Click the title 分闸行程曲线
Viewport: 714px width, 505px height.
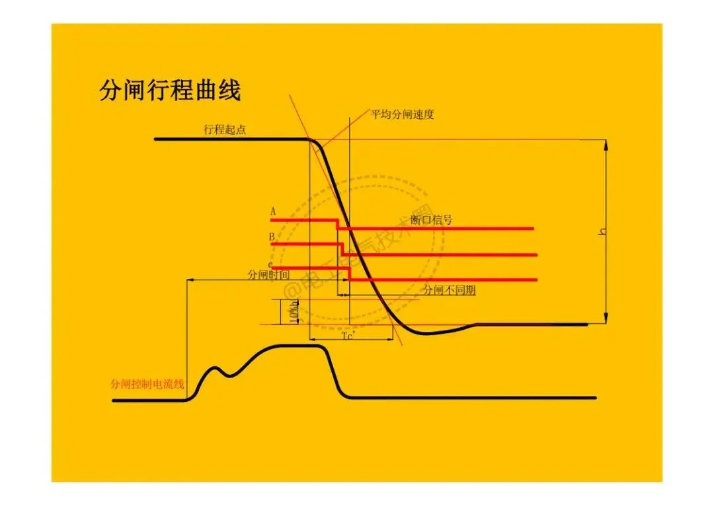click(170, 90)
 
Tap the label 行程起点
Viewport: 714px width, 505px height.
click(225, 130)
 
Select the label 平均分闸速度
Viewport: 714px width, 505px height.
click(402, 114)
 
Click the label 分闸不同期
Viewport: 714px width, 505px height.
click(449, 290)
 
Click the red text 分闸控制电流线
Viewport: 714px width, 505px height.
click(147, 384)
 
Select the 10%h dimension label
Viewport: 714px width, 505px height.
click(294, 312)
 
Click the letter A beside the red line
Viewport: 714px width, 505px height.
click(272, 212)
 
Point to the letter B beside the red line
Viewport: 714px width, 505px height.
click(272, 237)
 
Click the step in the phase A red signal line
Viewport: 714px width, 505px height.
click(338, 224)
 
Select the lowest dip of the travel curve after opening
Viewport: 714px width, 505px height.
click(426, 333)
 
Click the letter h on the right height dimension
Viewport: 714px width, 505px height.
click(602, 231)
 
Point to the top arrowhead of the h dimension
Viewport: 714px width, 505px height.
click(606, 143)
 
